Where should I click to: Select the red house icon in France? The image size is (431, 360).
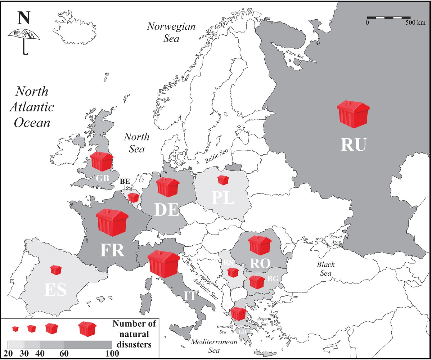point(112,222)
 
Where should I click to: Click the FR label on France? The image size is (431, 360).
point(112,250)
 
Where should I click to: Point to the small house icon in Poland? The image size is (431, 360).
point(223,180)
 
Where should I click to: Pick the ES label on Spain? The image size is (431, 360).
point(56,290)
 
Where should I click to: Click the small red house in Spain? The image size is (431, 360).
point(55,270)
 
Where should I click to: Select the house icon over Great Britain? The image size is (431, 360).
point(102,161)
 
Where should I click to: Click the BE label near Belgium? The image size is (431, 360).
point(125,182)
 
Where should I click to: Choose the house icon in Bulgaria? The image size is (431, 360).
point(256,282)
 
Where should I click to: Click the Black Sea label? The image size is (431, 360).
point(325,269)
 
